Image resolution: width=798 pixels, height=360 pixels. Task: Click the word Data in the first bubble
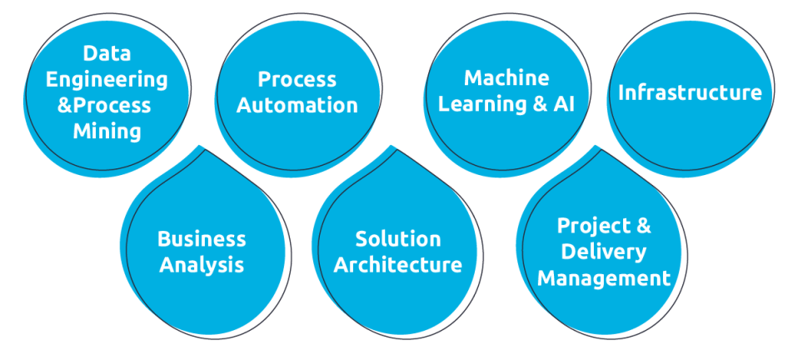click(x=107, y=54)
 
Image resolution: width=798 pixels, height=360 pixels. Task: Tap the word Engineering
click(x=107, y=80)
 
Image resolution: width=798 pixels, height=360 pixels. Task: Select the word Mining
click(x=107, y=132)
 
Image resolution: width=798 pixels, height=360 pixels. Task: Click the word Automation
click(x=297, y=106)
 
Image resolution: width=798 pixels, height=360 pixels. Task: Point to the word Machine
click(x=506, y=78)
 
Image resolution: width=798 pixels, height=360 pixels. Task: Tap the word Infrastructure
click(x=689, y=92)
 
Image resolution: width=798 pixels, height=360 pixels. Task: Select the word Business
click(x=202, y=239)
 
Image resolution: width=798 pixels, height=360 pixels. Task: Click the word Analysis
click(x=202, y=265)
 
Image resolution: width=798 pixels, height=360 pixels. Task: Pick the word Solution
click(x=397, y=239)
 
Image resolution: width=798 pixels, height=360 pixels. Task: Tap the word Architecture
click(x=397, y=265)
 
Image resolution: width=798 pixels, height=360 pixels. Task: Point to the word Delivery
click(x=603, y=252)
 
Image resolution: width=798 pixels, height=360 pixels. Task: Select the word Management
click(x=603, y=277)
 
